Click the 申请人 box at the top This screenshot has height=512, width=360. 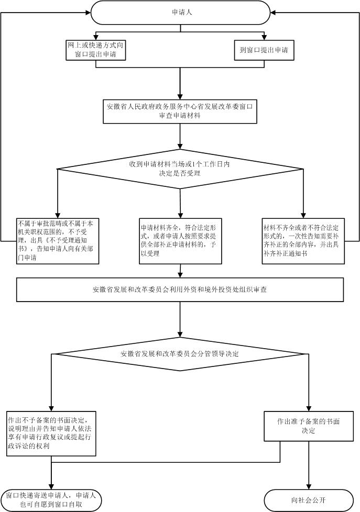(181, 12)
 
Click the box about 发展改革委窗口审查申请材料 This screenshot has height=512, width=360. (180, 110)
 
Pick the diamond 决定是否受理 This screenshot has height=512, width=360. (180, 169)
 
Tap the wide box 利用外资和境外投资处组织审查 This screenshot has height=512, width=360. (180, 289)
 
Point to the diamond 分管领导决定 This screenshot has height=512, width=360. (180, 354)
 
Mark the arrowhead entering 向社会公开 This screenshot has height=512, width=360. (309, 486)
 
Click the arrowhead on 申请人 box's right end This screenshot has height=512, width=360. (275, 12)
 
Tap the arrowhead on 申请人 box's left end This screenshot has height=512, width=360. (88, 12)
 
